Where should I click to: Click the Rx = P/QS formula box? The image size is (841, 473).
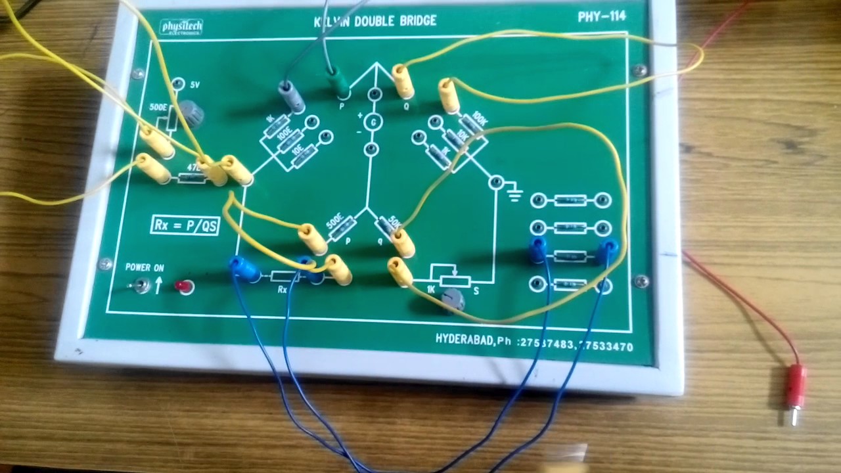pyautogui.click(x=185, y=225)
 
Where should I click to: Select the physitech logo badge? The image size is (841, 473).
pyautogui.click(x=181, y=27)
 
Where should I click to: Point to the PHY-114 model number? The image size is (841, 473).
pyautogui.click(x=601, y=17)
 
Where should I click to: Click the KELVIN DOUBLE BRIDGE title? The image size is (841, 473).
pyautogui.click(x=375, y=21)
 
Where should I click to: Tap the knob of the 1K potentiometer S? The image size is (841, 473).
pyautogui.click(x=453, y=300)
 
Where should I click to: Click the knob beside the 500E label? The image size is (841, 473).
pyautogui.click(x=191, y=112)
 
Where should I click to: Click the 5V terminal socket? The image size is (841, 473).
pyautogui.click(x=178, y=84)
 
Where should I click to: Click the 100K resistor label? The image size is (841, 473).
pyautogui.click(x=480, y=121)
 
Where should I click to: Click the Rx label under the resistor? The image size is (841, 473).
pyautogui.click(x=283, y=288)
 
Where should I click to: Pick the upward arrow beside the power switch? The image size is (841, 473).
pyautogui.click(x=158, y=284)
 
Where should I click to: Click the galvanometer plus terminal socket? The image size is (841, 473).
pyautogui.click(x=374, y=96)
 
